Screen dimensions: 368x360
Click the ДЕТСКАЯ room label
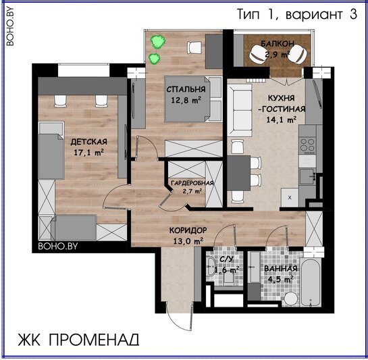point(88,142)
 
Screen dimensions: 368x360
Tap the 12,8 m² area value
point(186,100)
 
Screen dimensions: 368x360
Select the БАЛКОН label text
point(278,43)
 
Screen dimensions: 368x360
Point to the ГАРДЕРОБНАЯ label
point(192,183)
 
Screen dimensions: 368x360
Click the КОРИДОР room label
point(188,230)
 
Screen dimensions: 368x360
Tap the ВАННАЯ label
point(281,269)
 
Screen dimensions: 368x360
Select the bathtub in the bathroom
point(311,282)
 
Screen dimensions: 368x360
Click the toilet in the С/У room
point(228,279)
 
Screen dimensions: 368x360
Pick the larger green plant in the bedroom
point(158,42)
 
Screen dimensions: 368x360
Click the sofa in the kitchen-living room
point(240,110)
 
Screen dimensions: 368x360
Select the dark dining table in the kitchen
point(238,173)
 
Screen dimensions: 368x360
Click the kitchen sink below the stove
point(307,176)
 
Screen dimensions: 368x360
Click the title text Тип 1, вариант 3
point(297,14)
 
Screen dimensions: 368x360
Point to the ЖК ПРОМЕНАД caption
point(78,339)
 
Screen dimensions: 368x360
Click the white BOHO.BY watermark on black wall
point(58,246)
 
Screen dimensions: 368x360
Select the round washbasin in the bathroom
point(291,299)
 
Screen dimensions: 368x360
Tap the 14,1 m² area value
point(281,120)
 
